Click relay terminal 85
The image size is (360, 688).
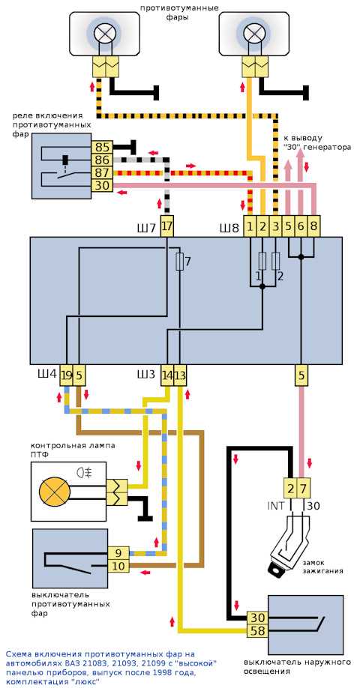(102, 148)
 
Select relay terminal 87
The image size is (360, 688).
(102, 173)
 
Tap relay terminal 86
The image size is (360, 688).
(102, 160)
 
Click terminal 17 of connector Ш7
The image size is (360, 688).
(167, 227)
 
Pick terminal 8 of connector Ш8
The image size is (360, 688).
(313, 227)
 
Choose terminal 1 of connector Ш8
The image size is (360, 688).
(249, 227)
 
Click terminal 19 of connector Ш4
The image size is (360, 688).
(66, 375)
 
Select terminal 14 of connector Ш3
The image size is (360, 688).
(167, 375)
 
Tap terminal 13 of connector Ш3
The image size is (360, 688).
(180, 375)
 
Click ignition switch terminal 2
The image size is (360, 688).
(289, 488)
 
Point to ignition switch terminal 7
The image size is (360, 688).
(303, 488)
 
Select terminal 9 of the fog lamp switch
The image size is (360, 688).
(118, 553)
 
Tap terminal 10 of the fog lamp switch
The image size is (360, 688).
(118, 566)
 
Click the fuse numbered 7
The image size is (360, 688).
(179, 262)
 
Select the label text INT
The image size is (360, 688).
(275, 505)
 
